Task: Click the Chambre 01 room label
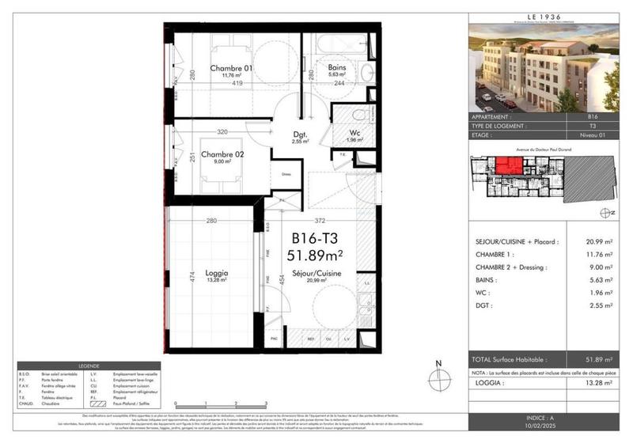pyautogui.click(x=231, y=69)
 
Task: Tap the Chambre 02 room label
pyautogui.click(x=221, y=154)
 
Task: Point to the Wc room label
pyautogui.click(x=355, y=133)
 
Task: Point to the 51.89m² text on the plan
pyautogui.click(x=316, y=255)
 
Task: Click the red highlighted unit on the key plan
pyautogui.click(x=507, y=168)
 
